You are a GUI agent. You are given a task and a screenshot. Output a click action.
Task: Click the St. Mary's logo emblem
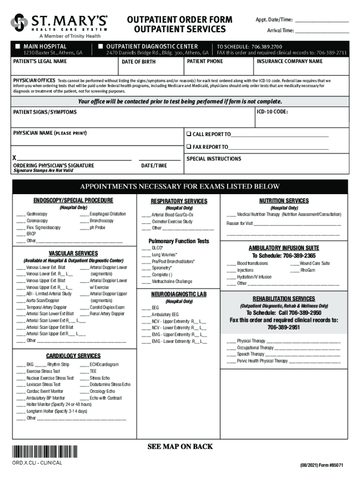19,22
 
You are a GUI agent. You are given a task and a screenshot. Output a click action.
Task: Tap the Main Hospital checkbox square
17,46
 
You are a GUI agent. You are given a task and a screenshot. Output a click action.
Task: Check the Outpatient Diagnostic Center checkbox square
100,46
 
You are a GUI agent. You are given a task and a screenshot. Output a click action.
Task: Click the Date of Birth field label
138,62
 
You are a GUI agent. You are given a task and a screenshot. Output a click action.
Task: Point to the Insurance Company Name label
289,61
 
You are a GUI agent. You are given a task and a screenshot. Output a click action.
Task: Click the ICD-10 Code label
272,112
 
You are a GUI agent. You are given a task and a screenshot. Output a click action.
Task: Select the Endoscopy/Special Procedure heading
73,201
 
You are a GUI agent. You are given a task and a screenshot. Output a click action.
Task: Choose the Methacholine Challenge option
172,282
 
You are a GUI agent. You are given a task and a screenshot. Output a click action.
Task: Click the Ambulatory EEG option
165,315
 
